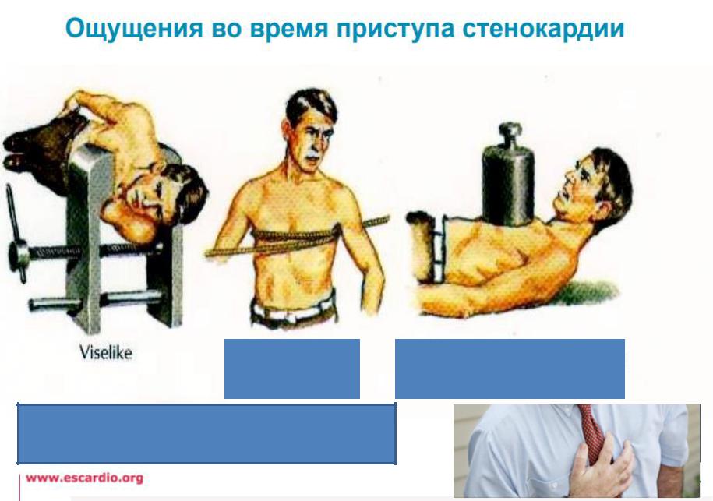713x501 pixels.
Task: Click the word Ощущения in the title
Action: coord(134,29)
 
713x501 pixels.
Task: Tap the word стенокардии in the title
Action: coord(543,29)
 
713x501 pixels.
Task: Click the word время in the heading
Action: coord(289,29)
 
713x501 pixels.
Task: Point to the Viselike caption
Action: coord(106,352)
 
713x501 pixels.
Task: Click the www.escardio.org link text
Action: coord(85,478)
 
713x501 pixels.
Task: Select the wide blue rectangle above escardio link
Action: coord(206,434)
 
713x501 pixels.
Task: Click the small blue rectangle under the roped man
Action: coord(292,369)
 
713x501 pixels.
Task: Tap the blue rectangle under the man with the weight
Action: coord(510,369)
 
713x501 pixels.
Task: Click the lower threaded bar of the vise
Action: coord(96,301)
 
